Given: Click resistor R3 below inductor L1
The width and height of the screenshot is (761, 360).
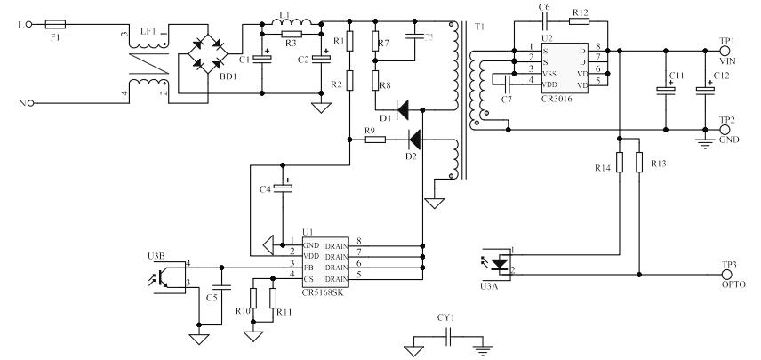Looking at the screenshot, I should tap(291, 35).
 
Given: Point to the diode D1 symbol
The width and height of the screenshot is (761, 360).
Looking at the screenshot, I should tap(405, 110).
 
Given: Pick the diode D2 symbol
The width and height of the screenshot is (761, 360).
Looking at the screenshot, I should tap(412, 139).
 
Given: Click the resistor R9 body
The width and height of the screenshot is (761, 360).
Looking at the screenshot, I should tap(374, 139).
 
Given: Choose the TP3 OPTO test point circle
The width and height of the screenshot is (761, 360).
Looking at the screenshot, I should tap(725, 275).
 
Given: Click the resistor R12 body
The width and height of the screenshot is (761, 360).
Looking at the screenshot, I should tap(580, 20).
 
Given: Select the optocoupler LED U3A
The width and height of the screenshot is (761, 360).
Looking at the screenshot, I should tap(500, 263).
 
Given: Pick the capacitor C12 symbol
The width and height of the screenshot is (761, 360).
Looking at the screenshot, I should tap(705, 90).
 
